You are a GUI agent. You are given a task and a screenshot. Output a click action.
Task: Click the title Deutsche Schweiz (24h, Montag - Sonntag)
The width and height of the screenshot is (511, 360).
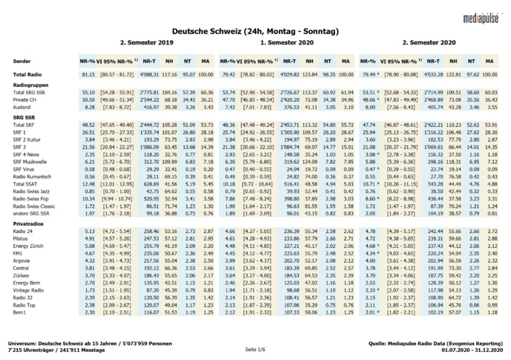255,32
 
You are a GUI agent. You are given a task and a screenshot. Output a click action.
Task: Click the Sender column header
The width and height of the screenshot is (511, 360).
23,59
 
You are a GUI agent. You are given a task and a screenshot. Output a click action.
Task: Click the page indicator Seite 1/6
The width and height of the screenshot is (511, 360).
255,348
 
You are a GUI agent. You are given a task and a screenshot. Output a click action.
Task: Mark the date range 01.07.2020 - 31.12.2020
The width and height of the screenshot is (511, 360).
467,350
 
